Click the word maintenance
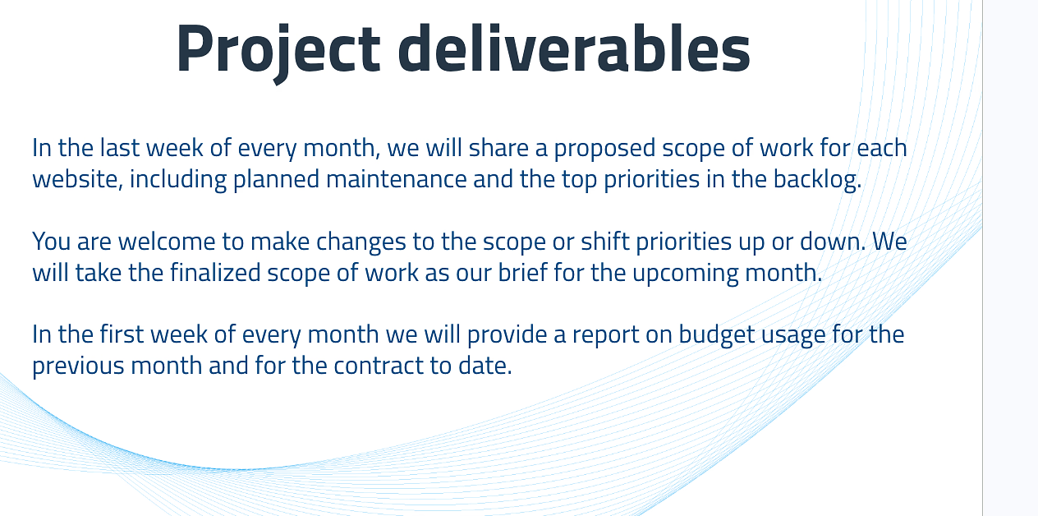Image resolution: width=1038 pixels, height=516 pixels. (x=396, y=179)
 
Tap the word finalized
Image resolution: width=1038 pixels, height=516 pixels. (x=215, y=273)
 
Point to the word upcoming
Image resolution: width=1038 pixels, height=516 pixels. (x=686, y=274)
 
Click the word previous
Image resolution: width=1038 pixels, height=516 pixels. (x=78, y=366)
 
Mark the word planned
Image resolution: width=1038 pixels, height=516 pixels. (x=276, y=180)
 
